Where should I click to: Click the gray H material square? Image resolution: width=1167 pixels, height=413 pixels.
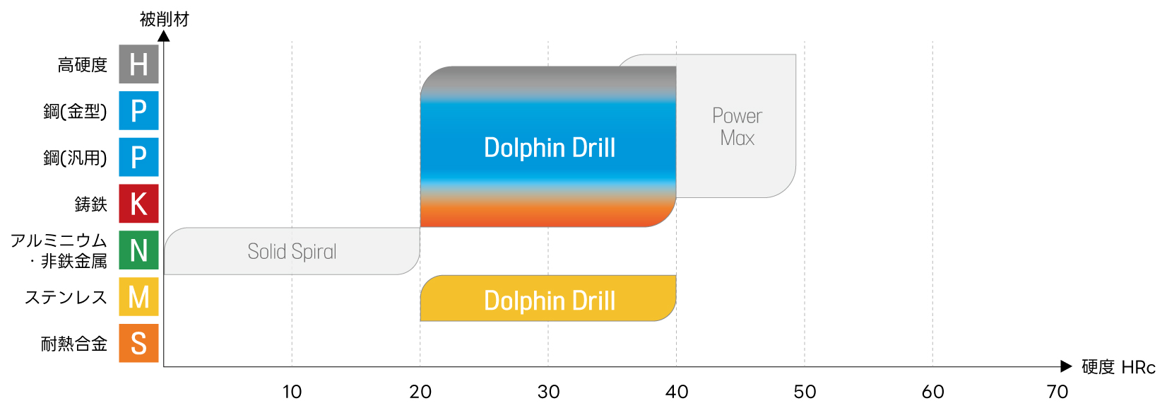pos(138,64)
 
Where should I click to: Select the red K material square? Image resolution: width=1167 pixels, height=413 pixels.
pos(138,204)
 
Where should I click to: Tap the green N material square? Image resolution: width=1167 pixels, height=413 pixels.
pos(138,250)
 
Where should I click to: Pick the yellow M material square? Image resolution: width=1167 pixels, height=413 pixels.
pos(138,297)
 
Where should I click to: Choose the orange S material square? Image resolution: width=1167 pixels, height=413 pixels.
pos(138,344)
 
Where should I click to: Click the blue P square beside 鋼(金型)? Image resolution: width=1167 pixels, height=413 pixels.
pos(138,111)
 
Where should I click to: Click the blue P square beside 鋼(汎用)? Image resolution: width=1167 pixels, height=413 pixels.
pos(138,157)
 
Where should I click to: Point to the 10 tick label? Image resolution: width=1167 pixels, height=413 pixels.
pos(292,392)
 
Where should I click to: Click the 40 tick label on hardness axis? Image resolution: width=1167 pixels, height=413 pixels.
pos(677,392)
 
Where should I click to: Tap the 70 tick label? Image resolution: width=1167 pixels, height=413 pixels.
pos(1058,392)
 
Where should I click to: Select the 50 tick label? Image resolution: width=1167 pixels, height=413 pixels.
pos(805,392)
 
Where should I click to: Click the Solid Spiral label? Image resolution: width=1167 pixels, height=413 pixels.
pos(292,252)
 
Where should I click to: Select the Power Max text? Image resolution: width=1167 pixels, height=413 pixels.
pos(737,127)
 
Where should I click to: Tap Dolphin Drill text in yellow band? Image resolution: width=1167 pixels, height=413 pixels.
pos(550,301)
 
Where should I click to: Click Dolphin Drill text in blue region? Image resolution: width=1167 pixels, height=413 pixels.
pos(550,148)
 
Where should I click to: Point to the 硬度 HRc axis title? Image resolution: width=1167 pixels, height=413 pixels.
pos(1118,367)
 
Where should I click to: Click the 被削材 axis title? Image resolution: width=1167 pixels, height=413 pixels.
pos(164,19)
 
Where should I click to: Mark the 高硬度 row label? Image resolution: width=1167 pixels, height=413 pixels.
pos(83,65)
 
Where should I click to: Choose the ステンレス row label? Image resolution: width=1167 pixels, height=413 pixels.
pos(66,298)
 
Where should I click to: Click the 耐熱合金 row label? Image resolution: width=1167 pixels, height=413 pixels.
pos(74,344)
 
